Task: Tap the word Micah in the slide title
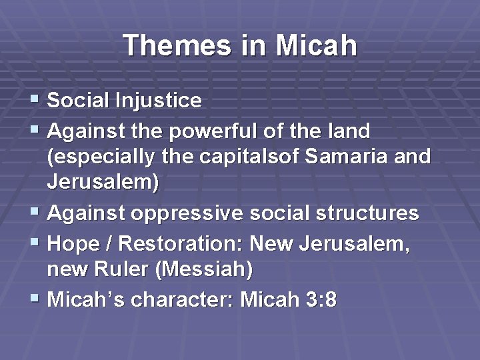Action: (x=316, y=46)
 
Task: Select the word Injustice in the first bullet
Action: (x=161, y=101)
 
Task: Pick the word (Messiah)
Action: (x=206, y=271)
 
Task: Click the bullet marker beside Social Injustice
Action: (x=35, y=101)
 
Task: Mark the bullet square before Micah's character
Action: (x=35, y=299)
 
